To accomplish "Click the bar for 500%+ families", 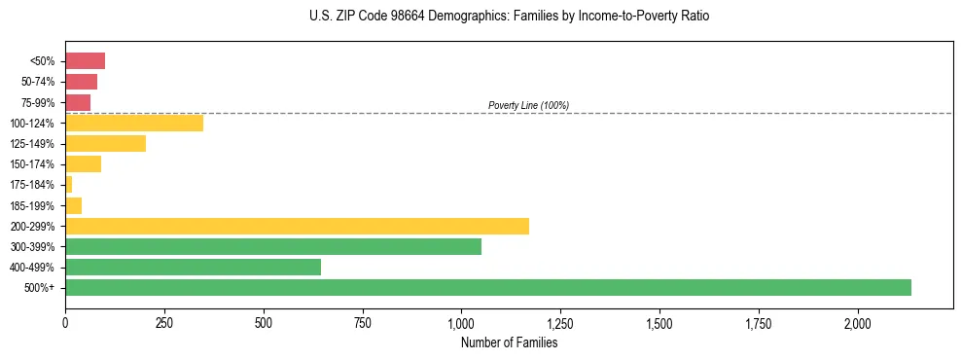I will click(487, 287).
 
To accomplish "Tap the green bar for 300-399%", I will click(272, 246).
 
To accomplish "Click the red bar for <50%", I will click(85, 61).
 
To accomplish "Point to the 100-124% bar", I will click(134, 123).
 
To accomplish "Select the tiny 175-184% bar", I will click(69, 184).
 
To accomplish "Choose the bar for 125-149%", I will click(105, 143).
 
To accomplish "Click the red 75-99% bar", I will click(78, 102).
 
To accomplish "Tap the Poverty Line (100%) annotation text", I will click(528, 105).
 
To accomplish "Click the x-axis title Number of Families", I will click(509, 342).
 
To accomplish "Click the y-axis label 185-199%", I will click(33, 205).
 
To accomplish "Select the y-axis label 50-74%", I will click(38, 82).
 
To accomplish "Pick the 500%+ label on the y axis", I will click(41, 288).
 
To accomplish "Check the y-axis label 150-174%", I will click(33, 164).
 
